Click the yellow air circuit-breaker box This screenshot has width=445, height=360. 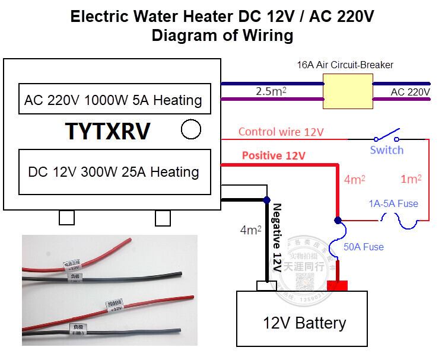coord(348,92)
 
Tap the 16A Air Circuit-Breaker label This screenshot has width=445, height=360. coord(346,65)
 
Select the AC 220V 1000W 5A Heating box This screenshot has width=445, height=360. coord(113,100)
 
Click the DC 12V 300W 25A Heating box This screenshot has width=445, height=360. coord(113,172)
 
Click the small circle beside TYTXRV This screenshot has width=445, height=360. coord(190,129)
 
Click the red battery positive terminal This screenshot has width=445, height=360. coord(338,286)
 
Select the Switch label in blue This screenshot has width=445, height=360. coord(386,150)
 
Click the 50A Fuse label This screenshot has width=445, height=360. coord(364,246)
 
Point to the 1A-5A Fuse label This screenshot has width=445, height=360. coord(393,203)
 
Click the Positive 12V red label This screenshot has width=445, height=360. coord(274,157)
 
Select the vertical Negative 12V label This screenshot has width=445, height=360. coord(277,237)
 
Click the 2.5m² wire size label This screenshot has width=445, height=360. coord(273,92)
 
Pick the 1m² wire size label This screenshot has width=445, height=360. coord(411,178)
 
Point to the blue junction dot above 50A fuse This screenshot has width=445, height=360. coord(337,220)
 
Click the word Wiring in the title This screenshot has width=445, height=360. coord(266,35)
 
